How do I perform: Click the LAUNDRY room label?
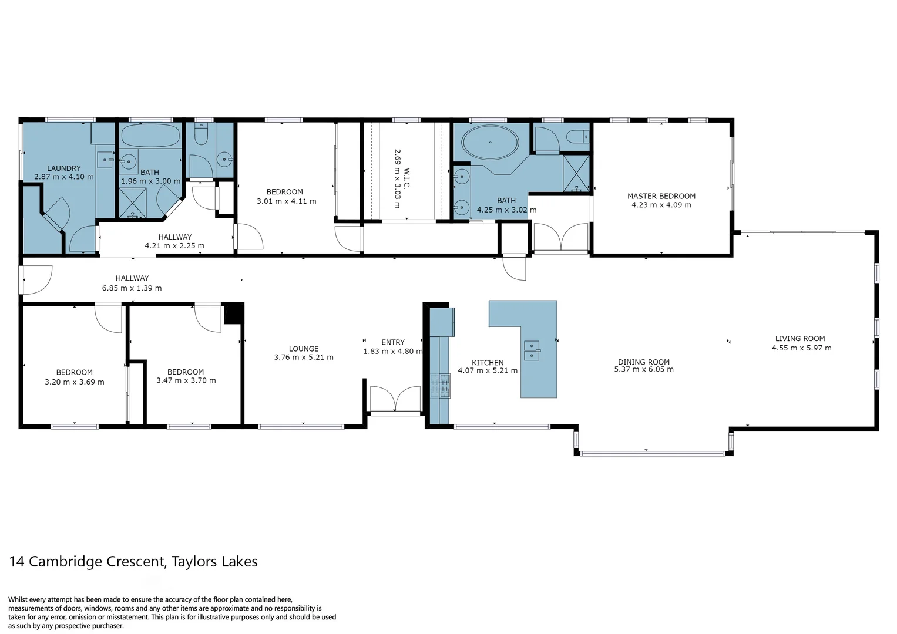coord(64,168)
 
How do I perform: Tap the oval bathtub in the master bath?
coord(490,142)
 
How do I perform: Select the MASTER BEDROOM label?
coord(661,196)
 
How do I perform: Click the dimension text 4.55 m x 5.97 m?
coord(801,348)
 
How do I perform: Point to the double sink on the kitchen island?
coord(532,350)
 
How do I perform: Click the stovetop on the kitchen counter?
coord(440,386)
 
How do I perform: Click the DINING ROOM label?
coord(643,362)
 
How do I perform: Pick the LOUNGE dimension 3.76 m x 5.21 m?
coord(303,358)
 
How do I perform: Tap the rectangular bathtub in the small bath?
coord(150,136)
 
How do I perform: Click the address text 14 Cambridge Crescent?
coord(88,562)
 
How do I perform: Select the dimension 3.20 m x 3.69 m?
coord(75,382)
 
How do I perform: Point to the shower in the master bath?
coord(576,173)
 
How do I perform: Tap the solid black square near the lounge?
coord(234,313)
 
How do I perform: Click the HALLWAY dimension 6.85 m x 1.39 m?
coord(132,288)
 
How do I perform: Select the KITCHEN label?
coord(488,363)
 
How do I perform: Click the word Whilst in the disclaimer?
coord(19,600)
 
